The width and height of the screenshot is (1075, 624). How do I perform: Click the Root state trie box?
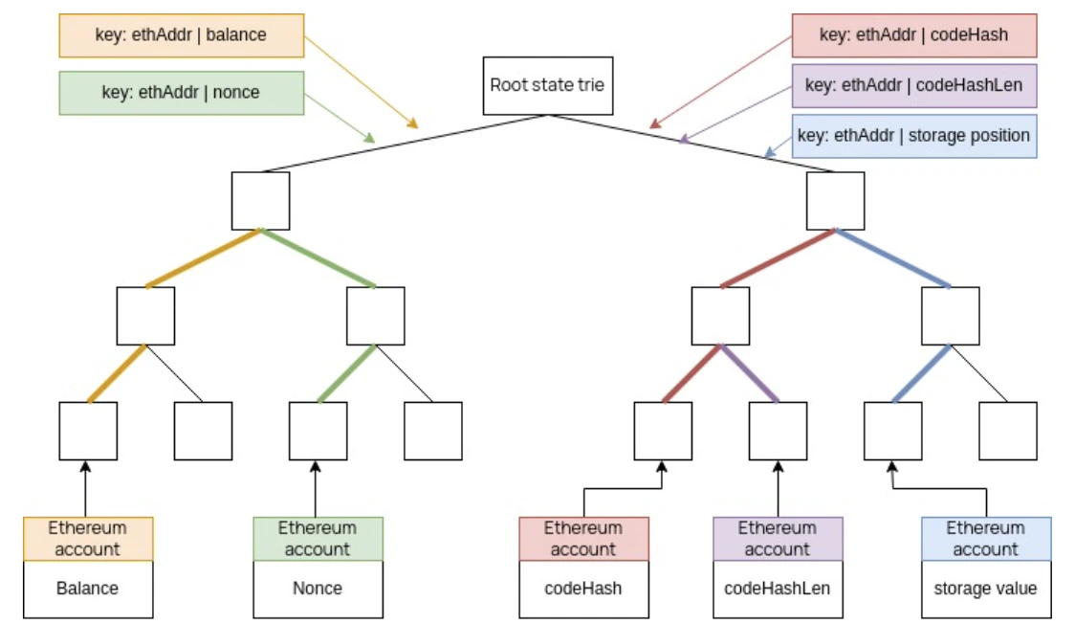tap(547, 85)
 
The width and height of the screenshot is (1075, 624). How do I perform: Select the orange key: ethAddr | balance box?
tap(182, 35)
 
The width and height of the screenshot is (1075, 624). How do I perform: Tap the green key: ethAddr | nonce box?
tap(182, 93)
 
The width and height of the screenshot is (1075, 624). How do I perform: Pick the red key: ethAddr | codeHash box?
tap(913, 35)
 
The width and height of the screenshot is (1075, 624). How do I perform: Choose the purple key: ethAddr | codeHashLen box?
tap(913, 84)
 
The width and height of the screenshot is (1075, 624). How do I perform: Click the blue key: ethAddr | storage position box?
tap(913, 135)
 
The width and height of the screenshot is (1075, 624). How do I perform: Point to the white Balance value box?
tap(88, 589)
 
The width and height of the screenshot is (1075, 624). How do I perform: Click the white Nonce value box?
tap(318, 589)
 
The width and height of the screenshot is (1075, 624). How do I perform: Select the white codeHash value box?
tap(583, 589)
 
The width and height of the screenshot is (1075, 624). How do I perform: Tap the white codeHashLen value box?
tap(778, 589)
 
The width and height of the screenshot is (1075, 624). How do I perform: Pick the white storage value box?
tap(985, 589)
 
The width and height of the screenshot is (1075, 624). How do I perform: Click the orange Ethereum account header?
tap(88, 539)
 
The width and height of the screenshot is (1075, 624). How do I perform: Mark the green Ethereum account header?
tap(318, 539)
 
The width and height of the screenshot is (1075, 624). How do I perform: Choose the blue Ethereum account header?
tap(985, 539)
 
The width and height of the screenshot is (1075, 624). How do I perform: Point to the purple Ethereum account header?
tap(778, 539)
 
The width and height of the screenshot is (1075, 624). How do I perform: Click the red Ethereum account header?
tap(583, 539)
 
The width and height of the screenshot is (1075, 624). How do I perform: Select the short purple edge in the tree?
tap(750, 373)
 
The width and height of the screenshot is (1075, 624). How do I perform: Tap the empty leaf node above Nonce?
tap(318, 431)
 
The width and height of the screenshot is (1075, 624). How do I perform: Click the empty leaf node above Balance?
tap(88, 431)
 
